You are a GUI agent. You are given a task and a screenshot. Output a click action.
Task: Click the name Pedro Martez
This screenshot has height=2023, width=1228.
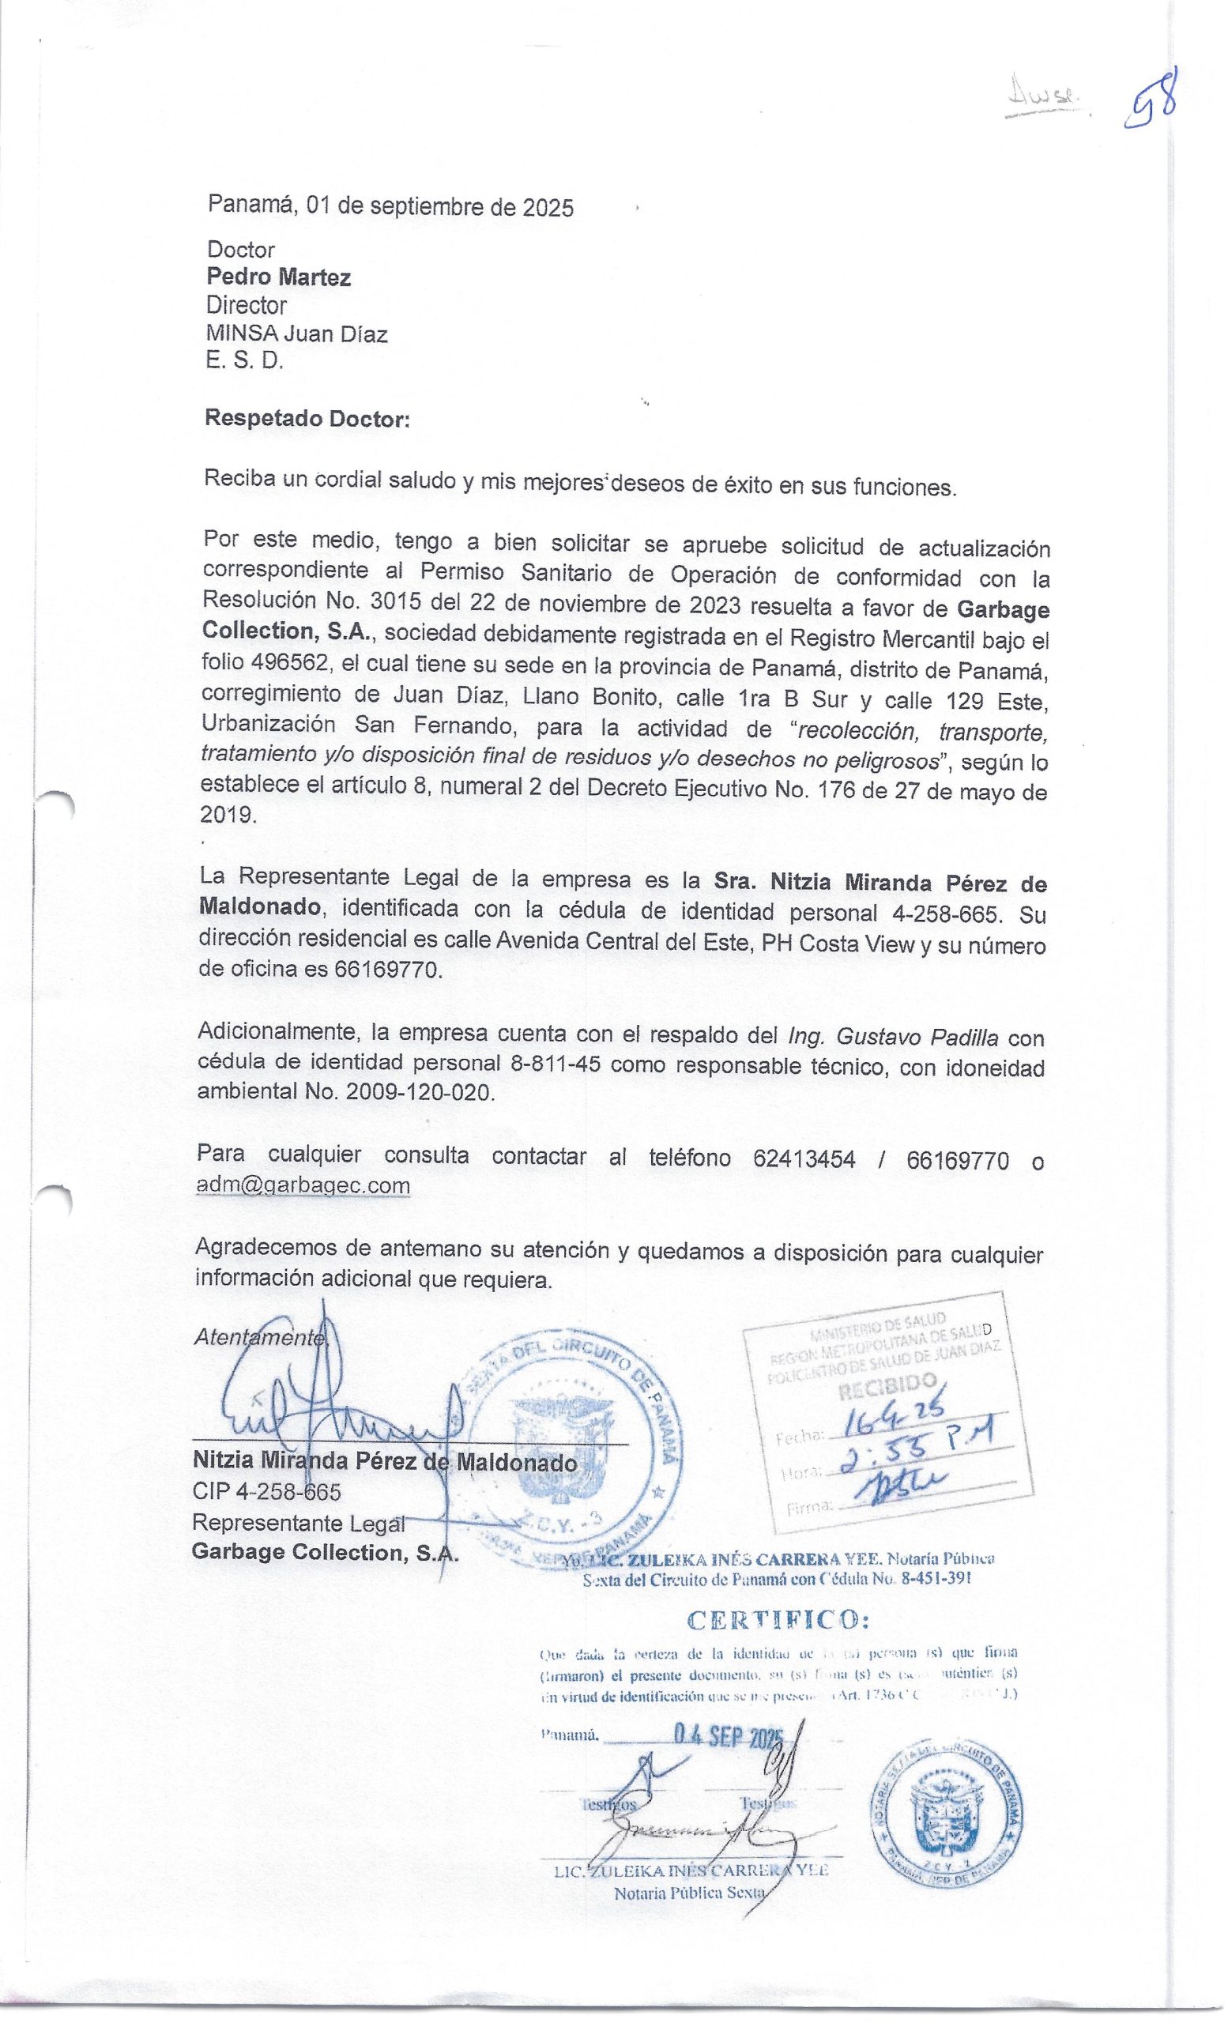[278, 277]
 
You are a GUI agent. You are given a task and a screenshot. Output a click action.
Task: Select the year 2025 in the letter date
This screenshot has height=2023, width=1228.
[548, 207]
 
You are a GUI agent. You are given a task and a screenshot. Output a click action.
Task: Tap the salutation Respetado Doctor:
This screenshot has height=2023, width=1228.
[307, 419]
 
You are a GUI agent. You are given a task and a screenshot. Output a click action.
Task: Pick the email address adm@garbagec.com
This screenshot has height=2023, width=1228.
[303, 1185]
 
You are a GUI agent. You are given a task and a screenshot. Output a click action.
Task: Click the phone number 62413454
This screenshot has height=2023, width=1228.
[804, 1159]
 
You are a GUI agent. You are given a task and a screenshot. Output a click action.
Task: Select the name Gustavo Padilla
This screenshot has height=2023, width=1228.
[917, 1038]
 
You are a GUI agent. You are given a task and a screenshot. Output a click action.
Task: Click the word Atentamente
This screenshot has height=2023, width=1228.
[260, 1337]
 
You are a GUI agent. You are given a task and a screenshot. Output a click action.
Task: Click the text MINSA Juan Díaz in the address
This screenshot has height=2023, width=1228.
[296, 334]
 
